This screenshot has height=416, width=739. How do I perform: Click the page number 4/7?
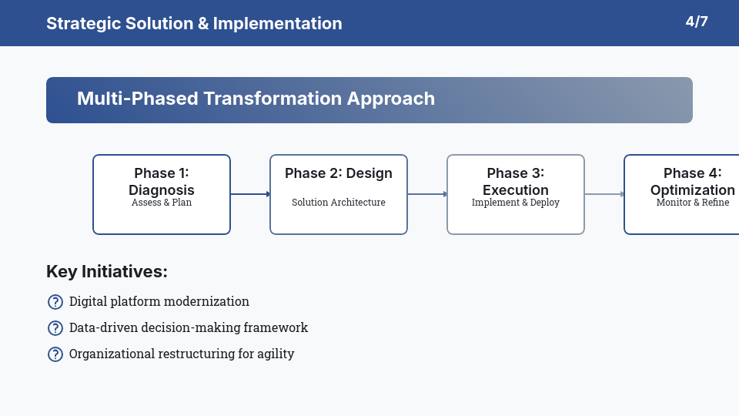[x=697, y=22]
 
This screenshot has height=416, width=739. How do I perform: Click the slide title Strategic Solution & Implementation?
[x=194, y=23]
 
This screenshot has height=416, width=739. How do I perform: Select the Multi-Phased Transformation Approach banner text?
[x=256, y=99]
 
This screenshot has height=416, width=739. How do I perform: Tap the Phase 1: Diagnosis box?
[x=162, y=216]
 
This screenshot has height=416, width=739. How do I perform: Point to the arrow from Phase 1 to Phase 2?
[x=250, y=194]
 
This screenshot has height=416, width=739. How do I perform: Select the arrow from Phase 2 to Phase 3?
[x=427, y=194]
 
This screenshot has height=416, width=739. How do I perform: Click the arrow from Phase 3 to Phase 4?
[x=604, y=194]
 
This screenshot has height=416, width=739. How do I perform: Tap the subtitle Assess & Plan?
[x=162, y=203]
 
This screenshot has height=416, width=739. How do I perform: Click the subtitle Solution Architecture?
[x=339, y=203]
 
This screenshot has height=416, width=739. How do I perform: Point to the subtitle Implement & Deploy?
[x=516, y=203]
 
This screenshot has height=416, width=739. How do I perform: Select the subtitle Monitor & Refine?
[x=693, y=203]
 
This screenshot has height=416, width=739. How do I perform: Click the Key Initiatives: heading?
[x=107, y=271]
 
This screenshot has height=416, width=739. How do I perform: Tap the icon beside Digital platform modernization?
[x=55, y=302]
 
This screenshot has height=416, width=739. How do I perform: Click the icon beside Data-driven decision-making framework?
[x=55, y=328]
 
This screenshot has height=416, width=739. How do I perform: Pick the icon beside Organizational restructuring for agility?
[x=55, y=354]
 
